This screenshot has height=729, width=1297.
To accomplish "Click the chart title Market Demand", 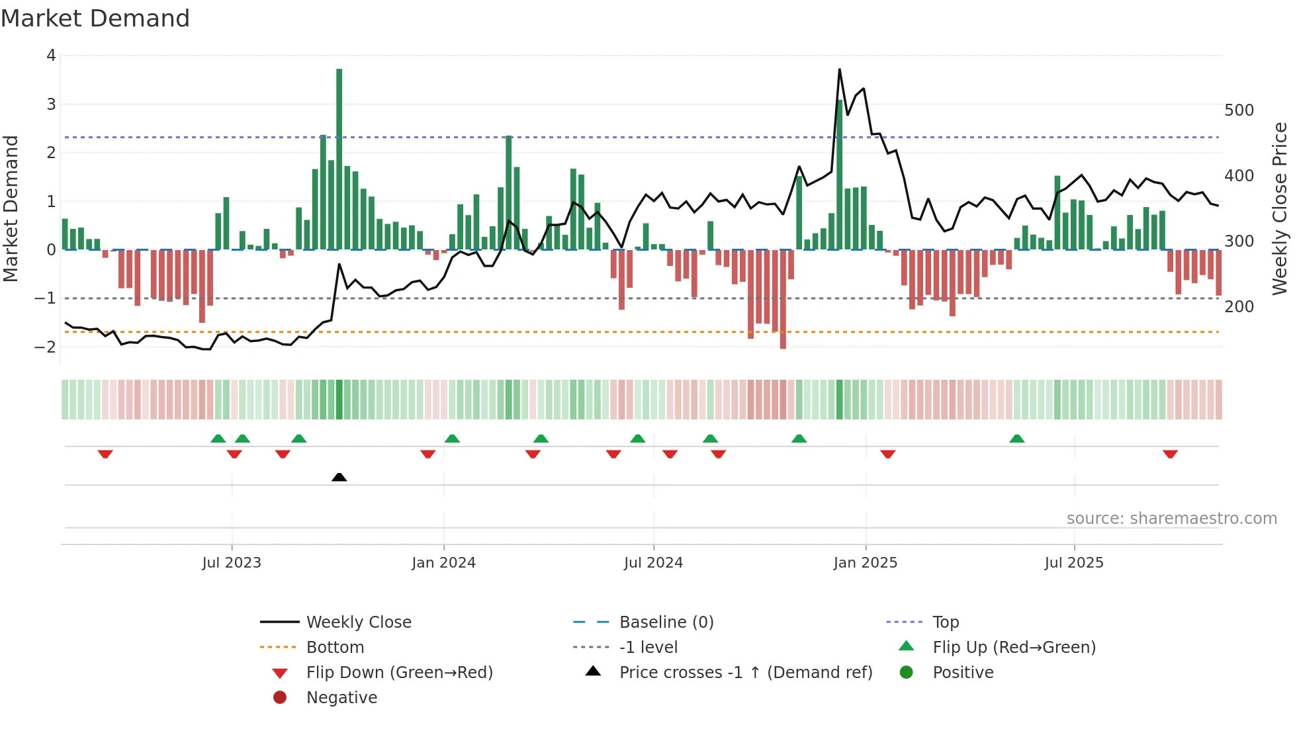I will point(95,19).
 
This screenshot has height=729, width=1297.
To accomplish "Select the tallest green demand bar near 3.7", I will point(339,159).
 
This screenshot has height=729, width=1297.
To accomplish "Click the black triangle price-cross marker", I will point(339,477).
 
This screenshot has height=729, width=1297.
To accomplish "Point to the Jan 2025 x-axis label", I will point(865,563).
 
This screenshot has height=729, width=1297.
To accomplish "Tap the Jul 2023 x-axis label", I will point(232,563).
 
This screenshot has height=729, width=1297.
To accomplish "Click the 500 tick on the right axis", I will point(1239,110).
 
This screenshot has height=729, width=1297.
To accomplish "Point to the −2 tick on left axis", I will point(45,347).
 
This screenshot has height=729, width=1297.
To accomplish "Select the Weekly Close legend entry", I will point(358,622).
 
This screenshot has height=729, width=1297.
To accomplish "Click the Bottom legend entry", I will point(335,648).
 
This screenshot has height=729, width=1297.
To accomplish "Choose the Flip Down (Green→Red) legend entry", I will point(399,673).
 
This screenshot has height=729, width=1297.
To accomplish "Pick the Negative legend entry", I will point(341,698).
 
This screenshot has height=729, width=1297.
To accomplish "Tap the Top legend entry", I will point(946,622).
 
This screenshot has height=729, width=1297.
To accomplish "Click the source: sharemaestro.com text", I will point(1171,519).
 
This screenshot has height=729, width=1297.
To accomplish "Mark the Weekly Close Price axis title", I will point(1280,208).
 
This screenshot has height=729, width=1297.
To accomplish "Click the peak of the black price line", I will point(840,69).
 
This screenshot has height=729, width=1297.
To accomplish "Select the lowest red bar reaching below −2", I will point(783,299).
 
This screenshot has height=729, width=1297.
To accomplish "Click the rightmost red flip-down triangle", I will point(1170,454).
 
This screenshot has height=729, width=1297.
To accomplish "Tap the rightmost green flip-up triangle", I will point(1017,439).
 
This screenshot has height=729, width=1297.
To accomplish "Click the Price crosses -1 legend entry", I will point(745,673).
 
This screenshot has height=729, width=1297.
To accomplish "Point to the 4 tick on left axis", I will point(51,56).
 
